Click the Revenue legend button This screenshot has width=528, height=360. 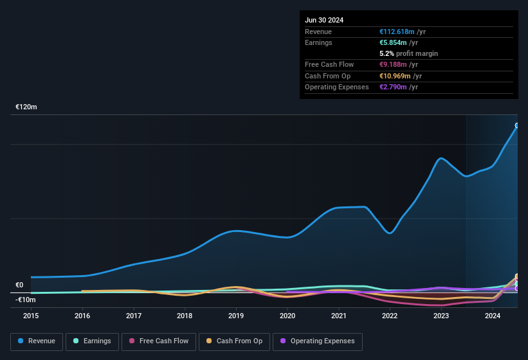click(37, 341)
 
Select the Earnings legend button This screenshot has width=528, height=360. click(92, 341)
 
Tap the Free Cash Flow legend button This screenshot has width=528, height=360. click(158, 341)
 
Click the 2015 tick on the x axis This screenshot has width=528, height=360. click(32, 316)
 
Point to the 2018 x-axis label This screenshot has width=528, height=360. click(185, 316)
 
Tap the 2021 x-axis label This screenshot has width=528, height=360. click(339, 316)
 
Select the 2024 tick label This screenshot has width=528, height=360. click(493, 316)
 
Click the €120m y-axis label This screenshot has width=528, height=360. click(26, 107)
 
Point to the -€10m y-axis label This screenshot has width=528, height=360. click(26, 300)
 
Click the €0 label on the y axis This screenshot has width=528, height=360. click(19, 285)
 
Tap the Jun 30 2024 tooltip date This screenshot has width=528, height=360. click(324, 20)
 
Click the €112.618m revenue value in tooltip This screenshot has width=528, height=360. click(397, 32)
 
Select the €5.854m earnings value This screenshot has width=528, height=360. click(394, 42)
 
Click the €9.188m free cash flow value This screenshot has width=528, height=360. click(394, 64)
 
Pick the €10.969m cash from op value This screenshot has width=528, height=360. click(396, 76)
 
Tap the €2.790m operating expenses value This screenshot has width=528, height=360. click(394, 87)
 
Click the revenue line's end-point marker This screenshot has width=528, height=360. click(517, 125)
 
